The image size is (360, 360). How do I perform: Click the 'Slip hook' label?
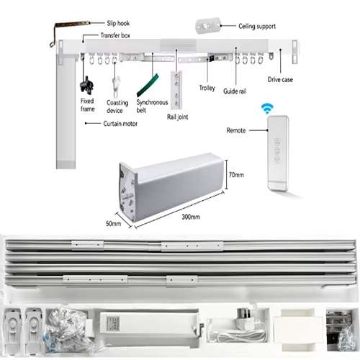coord(118,23)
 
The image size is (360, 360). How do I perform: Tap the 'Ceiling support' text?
coord(257,26)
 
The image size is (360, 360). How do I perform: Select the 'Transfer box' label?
coord(115,35)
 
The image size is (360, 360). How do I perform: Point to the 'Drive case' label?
coord(280,79)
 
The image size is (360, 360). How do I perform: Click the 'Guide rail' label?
coord(235,91)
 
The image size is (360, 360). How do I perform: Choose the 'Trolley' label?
coord(207,88)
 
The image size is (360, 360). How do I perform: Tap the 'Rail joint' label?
coord(177,117)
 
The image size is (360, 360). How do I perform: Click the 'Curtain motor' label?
coord(120,124)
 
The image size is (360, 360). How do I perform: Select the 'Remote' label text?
coord(236,130)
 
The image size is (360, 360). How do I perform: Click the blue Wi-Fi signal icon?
coord(267,109)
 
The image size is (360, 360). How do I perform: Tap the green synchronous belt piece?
coord(148,86)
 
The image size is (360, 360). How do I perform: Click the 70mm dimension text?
coord(236,175)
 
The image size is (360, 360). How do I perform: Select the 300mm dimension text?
coord(191,217)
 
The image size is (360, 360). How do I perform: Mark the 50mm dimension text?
coord(113,223)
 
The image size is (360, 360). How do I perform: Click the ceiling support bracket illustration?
coord(208,25)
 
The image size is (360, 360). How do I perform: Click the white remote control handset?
coord(278,153)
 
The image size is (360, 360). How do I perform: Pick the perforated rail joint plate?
coord(176,89)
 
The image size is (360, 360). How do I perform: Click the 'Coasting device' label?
coord(117,107)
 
